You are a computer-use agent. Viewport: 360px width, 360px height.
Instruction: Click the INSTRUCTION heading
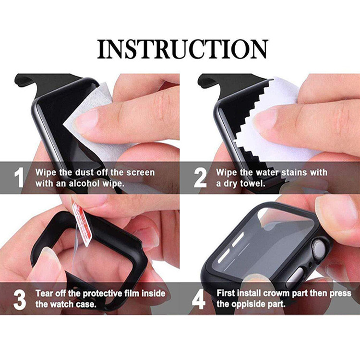[182, 49]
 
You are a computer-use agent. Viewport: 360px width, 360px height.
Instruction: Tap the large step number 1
[19, 178]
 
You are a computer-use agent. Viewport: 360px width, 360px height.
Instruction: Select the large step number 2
[200, 178]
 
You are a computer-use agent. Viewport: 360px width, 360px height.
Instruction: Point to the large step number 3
[20, 300]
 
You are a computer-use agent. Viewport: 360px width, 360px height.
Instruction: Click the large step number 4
[198, 299]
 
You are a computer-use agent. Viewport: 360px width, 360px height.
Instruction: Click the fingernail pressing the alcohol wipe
[87, 121]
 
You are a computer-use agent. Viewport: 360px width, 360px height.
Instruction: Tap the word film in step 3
[132, 293]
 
